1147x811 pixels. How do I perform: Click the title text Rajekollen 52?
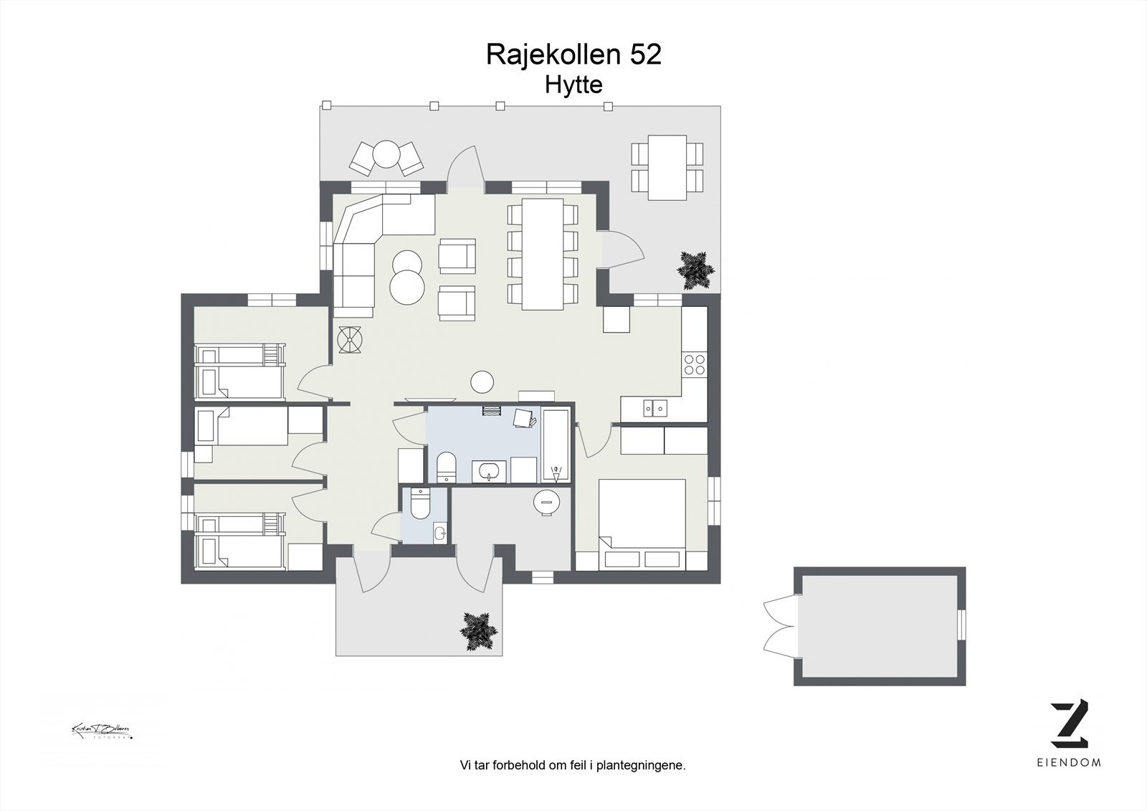pyautogui.click(x=573, y=54)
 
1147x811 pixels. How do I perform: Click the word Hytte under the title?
pyautogui.click(x=573, y=85)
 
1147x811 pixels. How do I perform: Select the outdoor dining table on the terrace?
pyautogui.click(x=667, y=167)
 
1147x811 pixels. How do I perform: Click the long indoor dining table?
pyautogui.click(x=543, y=253)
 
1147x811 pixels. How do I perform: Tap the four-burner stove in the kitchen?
pyautogui.click(x=694, y=364)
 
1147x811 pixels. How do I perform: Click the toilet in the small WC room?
pyautogui.click(x=420, y=503)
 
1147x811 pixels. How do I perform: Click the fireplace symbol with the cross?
pyautogui.click(x=352, y=340)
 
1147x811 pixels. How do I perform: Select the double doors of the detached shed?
pyautogui.click(x=780, y=625)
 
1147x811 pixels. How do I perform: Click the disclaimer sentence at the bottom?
pyautogui.click(x=573, y=765)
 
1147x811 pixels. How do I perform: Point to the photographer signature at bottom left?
pyautogui.click(x=101, y=731)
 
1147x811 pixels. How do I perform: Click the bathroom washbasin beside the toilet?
pyautogui.click(x=490, y=472)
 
